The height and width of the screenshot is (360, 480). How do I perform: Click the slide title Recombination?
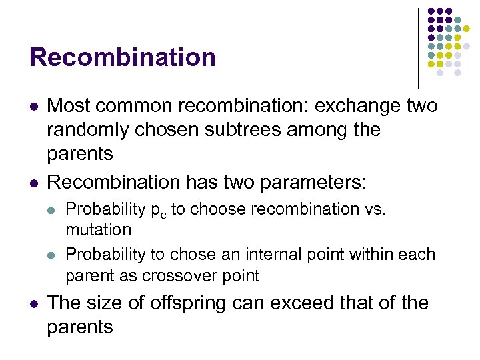(123, 57)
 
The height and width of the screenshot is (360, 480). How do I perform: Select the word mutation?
(99, 230)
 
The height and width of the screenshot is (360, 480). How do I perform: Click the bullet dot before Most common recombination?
(33, 106)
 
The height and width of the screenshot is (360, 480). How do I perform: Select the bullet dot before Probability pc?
(53, 209)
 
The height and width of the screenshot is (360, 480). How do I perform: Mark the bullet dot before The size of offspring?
(33, 303)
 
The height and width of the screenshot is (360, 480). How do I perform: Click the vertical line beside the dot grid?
(418, 47)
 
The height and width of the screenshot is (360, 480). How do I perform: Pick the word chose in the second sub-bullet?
(194, 254)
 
